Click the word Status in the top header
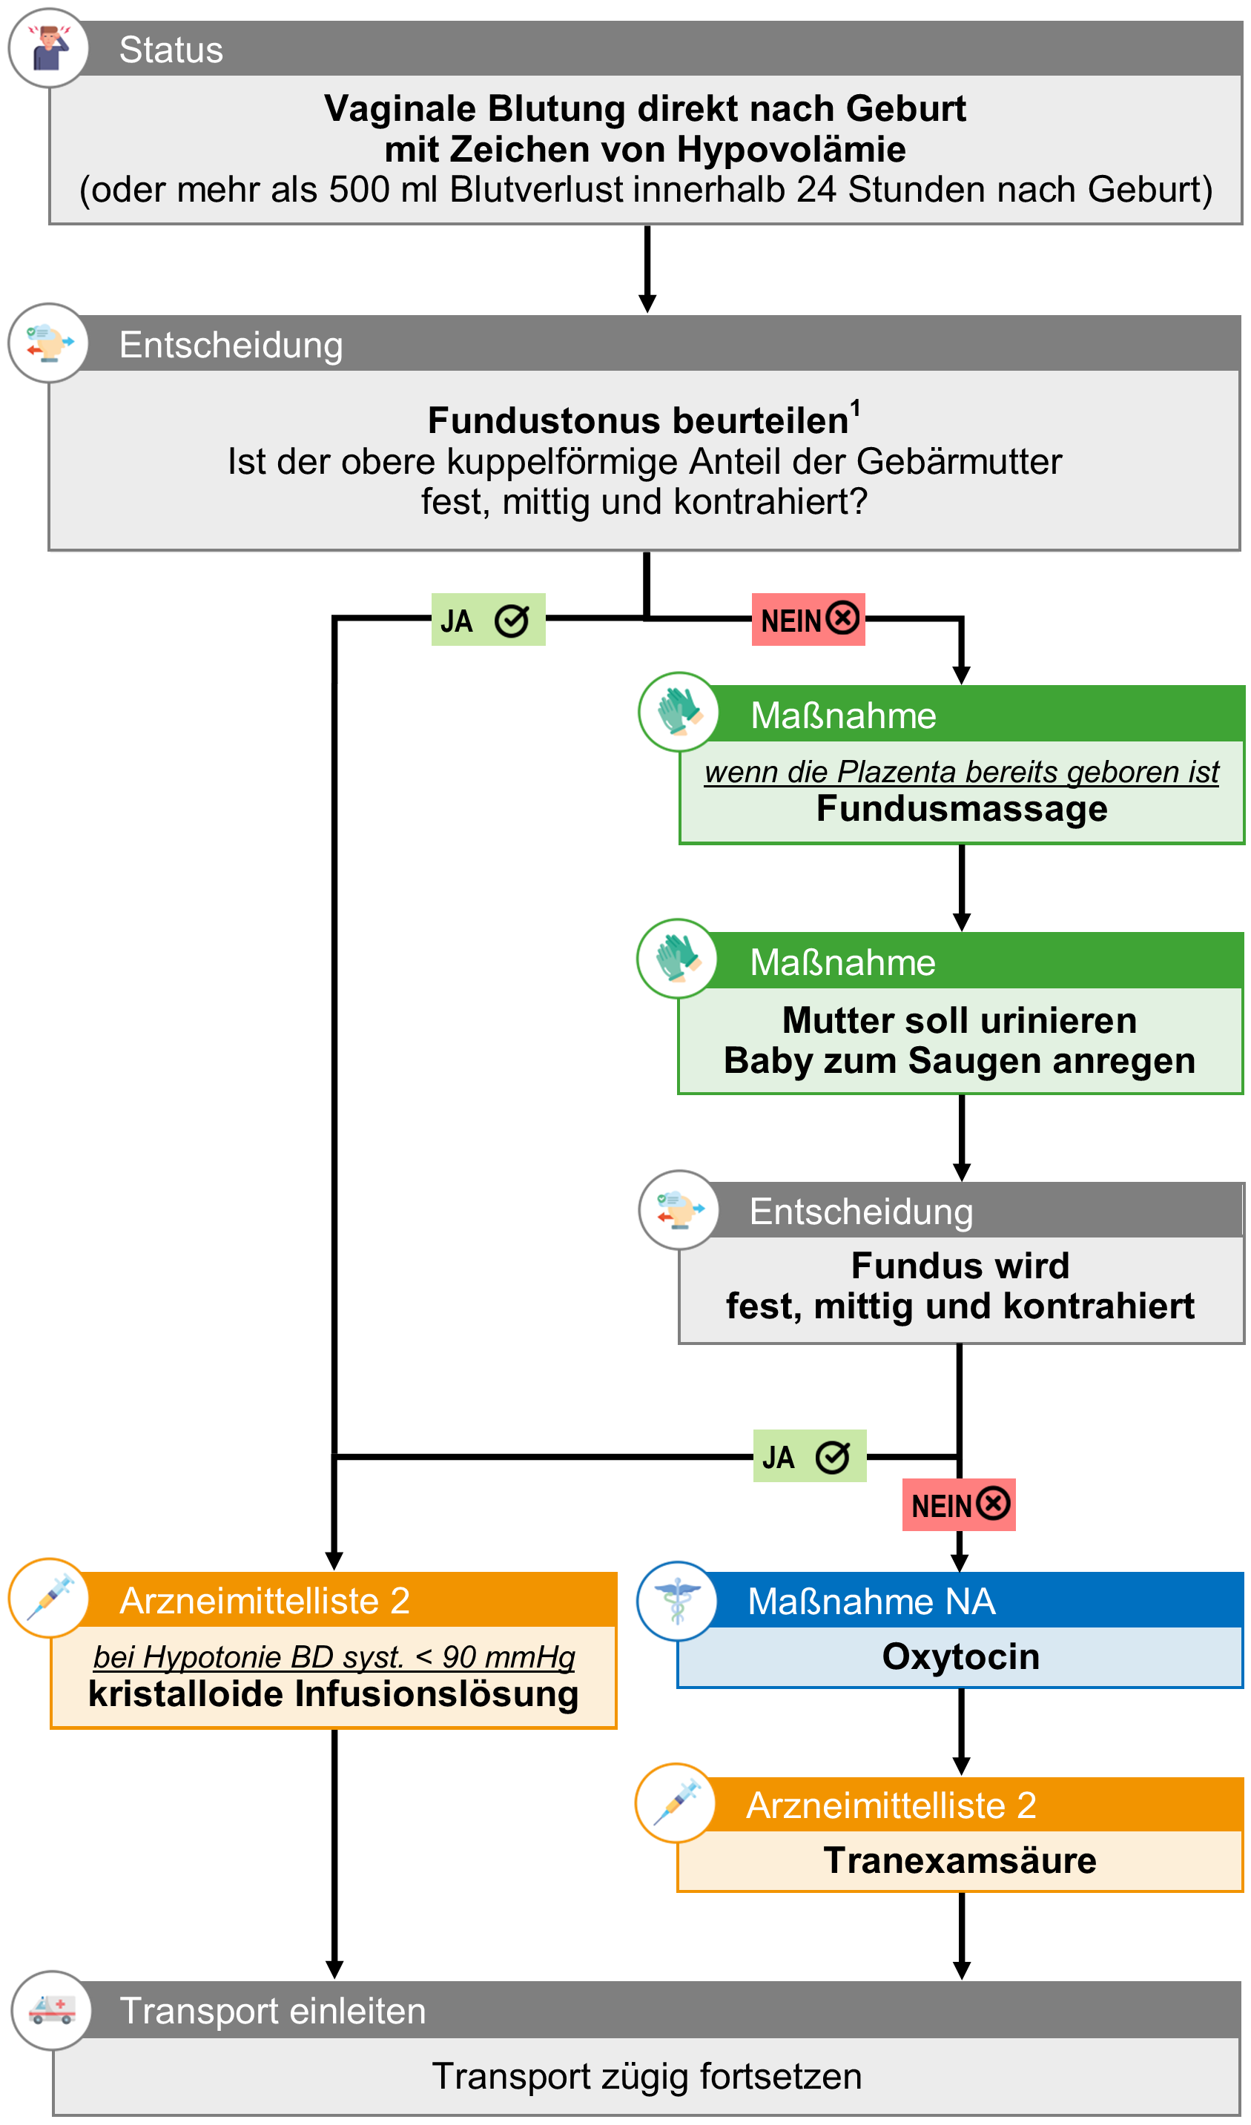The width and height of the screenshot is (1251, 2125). click(x=171, y=50)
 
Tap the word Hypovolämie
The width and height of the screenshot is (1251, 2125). click(x=791, y=150)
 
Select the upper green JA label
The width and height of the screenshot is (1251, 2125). click(x=489, y=621)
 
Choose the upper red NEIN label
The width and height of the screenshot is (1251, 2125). click(x=809, y=621)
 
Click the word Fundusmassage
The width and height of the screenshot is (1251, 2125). click(x=963, y=810)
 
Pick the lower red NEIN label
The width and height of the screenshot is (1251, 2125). click(x=959, y=1506)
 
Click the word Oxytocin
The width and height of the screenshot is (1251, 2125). click(x=961, y=1658)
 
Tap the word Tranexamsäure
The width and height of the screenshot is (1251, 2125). click(x=961, y=1862)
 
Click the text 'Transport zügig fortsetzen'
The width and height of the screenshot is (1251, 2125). click(x=647, y=2077)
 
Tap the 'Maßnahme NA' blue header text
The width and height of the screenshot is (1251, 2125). click(x=871, y=1602)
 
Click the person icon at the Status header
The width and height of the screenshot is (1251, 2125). click(x=49, y=48)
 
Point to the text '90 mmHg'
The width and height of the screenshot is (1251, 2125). click(x=509, y=1659)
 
